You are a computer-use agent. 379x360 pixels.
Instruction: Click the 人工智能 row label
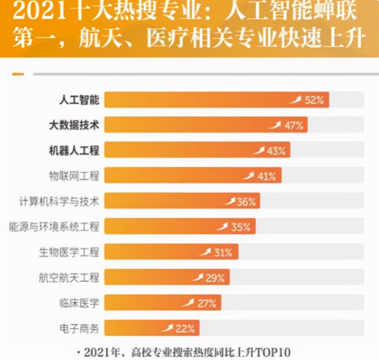click(x=79, y=100)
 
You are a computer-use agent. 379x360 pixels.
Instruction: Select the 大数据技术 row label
click(x=74, y=125)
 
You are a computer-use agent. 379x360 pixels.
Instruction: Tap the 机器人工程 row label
click(x=74, y=150)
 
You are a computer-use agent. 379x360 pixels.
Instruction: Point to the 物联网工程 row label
click(x=74, y=176)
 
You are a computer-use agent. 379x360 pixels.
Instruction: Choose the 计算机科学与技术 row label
click(x=59, y=201)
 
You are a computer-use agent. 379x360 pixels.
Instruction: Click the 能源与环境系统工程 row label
click(x=54, y=227)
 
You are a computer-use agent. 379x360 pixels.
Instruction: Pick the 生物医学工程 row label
click(x=69, y=252)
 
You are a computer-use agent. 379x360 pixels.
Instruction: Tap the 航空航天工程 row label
click(x=69, y=278)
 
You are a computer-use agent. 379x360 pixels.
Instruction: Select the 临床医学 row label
click(x=79, y=303)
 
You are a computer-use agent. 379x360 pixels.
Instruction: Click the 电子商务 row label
click(x=79, y=328)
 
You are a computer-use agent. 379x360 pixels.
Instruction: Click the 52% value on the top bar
click(x=314, y=100)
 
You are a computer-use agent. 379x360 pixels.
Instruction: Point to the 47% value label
click(x=294, y=125)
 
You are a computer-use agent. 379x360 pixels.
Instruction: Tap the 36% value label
click(x=246, y=202)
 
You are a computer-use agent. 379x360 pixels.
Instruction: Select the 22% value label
click(x=185, y=329)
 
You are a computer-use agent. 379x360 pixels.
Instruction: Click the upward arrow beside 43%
click(x=259, y=150)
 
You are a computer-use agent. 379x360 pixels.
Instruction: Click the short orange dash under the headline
click(x=18, y=74)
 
